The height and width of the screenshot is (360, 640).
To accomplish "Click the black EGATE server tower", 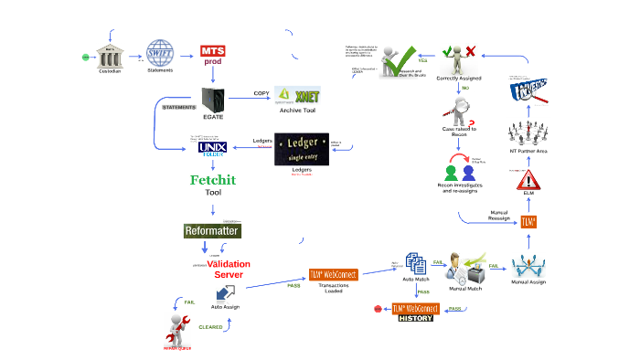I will [x=213, y=96].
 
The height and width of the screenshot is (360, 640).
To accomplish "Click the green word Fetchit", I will [x=212, y=180].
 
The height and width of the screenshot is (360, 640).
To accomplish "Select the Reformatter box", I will [x=212, y=231].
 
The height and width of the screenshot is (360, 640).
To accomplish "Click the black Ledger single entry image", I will [x=301, y=148].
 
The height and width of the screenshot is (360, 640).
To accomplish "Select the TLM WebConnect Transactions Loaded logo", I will [x=333, y=274].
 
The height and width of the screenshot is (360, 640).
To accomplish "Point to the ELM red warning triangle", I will [x=528, y=178].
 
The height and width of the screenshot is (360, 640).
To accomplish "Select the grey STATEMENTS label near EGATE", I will [x=179, y=107].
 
